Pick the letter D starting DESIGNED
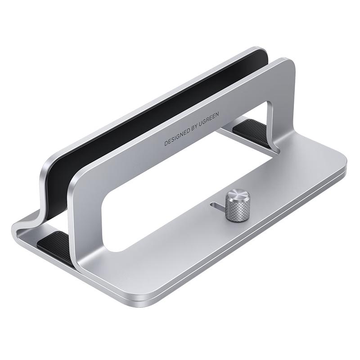coord(166,143)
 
